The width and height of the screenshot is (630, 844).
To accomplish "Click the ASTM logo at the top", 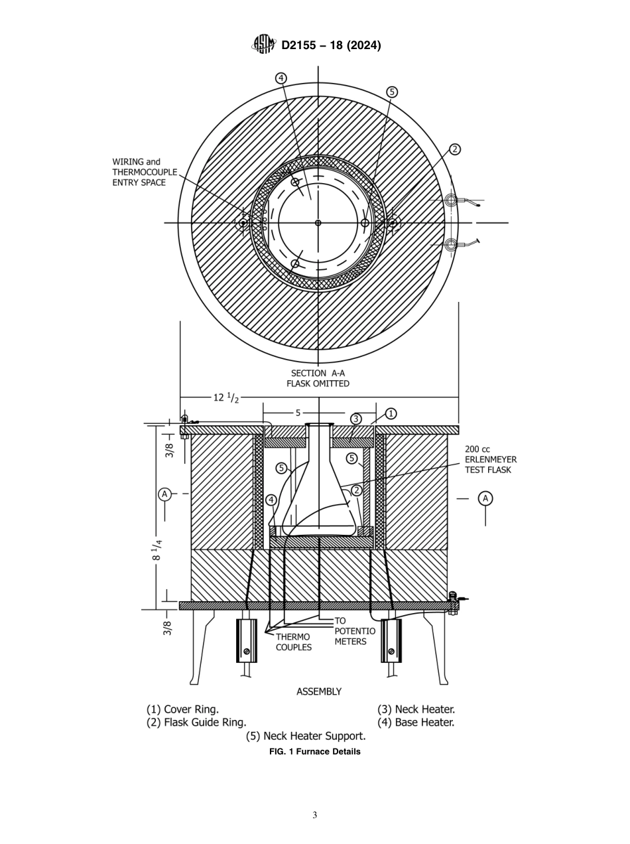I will (263, 44).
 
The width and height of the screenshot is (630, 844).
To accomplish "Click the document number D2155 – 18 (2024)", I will (331, 45).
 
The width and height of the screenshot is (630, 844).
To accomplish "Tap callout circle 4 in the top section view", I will (281, 78).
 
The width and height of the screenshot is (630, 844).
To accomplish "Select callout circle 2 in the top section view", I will (454, 149).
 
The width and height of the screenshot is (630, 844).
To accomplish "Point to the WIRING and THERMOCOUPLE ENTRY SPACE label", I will (145, 172).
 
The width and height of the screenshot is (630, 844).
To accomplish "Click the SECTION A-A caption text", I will (318, 374).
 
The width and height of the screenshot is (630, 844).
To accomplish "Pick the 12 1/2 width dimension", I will (225, 397).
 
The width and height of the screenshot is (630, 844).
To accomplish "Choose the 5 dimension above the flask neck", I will (298, 413).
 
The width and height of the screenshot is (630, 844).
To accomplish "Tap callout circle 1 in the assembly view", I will (391, 413).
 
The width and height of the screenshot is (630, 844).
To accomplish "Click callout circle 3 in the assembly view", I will (356, 419).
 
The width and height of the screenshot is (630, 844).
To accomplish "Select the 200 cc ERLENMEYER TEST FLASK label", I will (490, 460).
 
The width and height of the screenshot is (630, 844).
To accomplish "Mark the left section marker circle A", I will (164, 494).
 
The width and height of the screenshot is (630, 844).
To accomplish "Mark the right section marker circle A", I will (485, 498).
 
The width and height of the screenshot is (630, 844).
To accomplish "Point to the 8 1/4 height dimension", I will (157, 549).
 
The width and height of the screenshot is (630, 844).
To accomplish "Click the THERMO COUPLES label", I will (293, 642).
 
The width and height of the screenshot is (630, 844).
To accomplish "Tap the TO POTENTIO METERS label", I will (354, 631).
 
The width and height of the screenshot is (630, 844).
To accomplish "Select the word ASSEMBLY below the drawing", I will (318, 691).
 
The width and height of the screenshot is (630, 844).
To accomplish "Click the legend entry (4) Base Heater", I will (416, 723).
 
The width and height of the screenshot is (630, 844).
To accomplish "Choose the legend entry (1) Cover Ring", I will (182, 709).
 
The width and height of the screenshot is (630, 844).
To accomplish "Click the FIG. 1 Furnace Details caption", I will (315, 752).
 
